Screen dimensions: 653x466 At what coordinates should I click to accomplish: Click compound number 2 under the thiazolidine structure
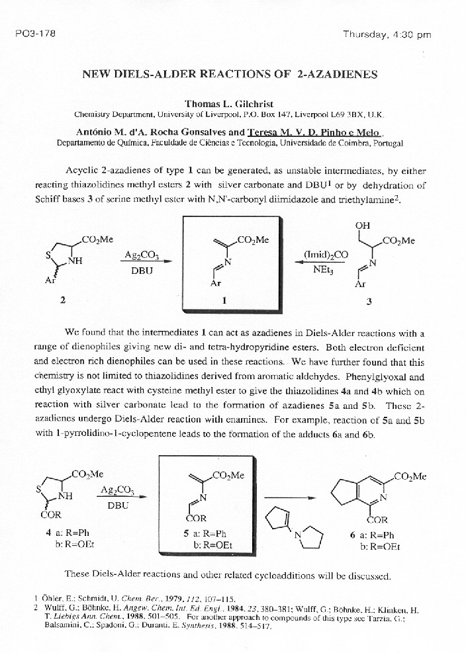[62, 300]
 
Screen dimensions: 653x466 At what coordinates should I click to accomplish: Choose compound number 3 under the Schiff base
[369, 302]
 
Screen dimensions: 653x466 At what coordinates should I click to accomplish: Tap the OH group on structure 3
[362, 226]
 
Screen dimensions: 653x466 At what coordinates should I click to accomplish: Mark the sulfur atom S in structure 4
[40, 490]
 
